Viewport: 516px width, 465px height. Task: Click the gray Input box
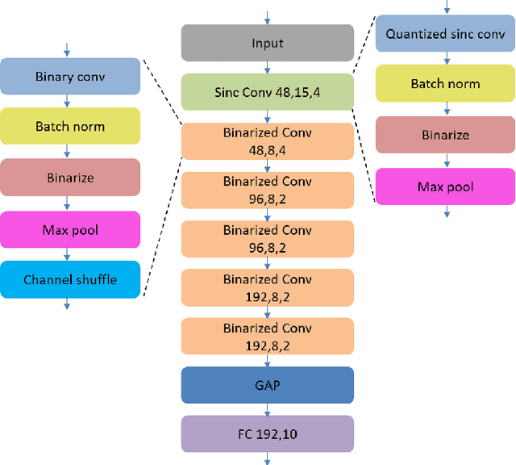tap(267, 43)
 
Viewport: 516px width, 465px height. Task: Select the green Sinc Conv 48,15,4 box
tap(267, 91)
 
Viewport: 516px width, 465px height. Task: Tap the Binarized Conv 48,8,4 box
tap(267, 140)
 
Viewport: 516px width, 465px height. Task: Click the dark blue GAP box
tap(267, 385)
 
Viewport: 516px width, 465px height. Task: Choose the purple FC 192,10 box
tap(267, 434)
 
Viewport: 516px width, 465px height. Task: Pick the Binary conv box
tap(70, 77)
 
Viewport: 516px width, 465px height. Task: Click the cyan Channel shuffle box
tap(70, 279)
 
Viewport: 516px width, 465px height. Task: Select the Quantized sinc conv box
tap(445, 34)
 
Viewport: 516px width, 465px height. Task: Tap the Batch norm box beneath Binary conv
tap(70, 126)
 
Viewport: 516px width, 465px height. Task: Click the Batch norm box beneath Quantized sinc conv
tap(445, 84)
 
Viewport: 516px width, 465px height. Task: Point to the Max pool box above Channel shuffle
tap(70, 230)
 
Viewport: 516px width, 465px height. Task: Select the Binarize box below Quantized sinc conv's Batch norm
tap(445, 135)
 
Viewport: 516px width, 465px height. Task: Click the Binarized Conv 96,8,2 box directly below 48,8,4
tap(267, 190)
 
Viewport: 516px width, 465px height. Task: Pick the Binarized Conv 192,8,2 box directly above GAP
tap(267, 337)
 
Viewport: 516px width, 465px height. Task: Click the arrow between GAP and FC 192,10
tap(267, 409)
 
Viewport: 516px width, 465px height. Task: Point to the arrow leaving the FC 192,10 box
tap(267, 459)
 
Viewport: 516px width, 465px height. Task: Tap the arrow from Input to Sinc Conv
tap(267, 68)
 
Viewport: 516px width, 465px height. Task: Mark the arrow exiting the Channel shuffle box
tap(67, 304)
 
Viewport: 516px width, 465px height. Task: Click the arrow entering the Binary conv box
tap(67, 49)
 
